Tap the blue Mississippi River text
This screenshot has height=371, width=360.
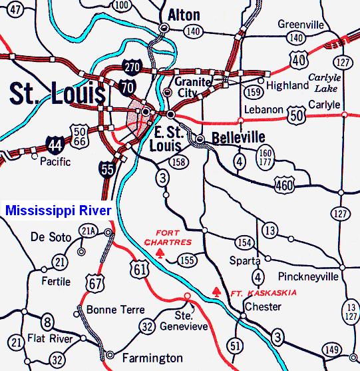[58, 210]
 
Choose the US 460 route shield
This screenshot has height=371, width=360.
[284, 184]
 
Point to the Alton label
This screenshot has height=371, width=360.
[184, 13]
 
